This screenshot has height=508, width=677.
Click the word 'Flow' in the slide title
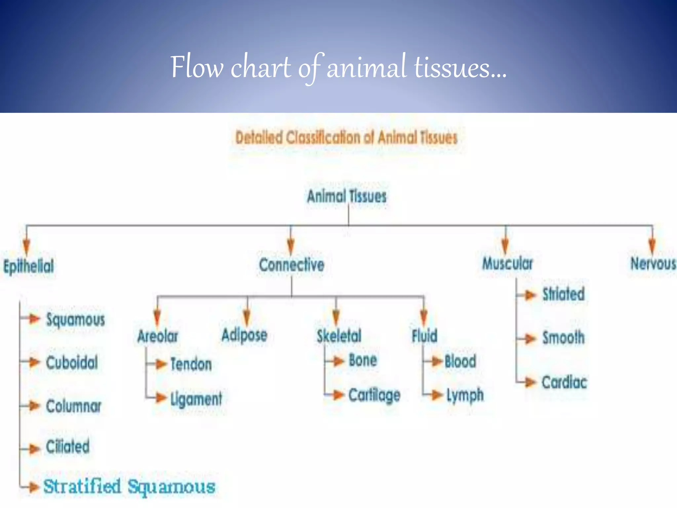point(197,67)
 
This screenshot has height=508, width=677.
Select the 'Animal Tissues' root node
point(346,196)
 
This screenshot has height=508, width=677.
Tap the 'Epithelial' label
point(29,266)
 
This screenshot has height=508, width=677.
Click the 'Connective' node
point(292,265)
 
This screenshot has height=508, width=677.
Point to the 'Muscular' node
point(507,264)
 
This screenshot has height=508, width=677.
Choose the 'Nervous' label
point(653,264)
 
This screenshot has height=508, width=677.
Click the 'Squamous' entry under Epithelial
point(75,320)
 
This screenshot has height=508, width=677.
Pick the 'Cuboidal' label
point(72,362)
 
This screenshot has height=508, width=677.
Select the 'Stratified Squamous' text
point(129,487)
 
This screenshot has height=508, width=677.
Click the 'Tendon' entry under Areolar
point(191,364)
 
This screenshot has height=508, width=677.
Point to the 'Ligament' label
point(196,399)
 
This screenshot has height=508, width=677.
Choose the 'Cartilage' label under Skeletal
point(374,395)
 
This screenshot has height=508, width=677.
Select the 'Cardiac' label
point(564,382)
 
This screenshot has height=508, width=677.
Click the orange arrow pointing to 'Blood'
point(436,361)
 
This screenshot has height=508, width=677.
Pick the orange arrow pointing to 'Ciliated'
point(34,449)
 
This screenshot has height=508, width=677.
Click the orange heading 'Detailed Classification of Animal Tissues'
point(346,138)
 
